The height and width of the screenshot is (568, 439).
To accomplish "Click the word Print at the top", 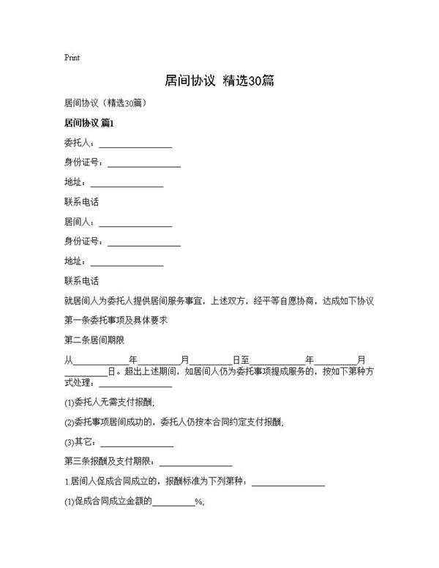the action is (x=72, y=57).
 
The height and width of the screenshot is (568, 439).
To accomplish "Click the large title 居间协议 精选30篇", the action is (x=219, y=81).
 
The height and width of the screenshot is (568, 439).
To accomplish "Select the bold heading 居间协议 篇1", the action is (x=90, y=122).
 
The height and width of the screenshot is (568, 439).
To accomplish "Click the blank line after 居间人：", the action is (x=135, y=222).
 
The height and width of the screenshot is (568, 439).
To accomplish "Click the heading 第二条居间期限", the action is (x=94, y=340).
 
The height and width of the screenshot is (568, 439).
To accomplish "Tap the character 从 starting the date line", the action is (x=70, y=360).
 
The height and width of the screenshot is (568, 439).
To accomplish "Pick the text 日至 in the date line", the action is (x=241, y=360).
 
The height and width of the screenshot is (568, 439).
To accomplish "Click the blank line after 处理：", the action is (x=135, y=383).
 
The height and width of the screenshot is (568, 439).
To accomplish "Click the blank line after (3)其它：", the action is (x=137, y=442).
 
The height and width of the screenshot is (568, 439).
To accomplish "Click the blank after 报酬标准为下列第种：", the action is (x=288, y=482).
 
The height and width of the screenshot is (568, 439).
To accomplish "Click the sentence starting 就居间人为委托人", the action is (x=219, y=301).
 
